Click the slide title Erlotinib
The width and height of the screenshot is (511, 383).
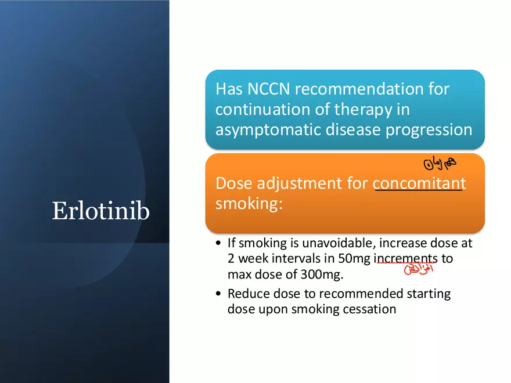(x=100, y=211)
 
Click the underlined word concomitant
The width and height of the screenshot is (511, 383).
(x=419, y=183)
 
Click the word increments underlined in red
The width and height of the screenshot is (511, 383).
(x=405, y=259)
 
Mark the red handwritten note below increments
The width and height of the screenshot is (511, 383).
(x=418, y=269)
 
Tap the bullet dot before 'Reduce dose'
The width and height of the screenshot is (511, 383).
(x=217, y=294)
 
